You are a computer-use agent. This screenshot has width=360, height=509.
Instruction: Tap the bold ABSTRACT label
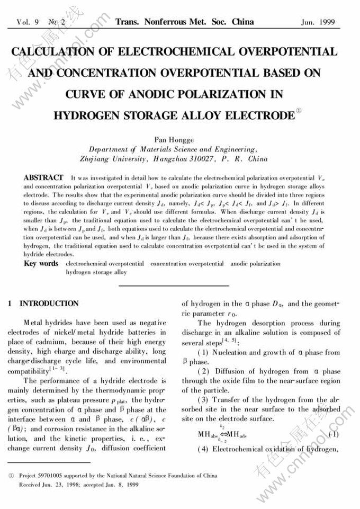(x=43, y=177)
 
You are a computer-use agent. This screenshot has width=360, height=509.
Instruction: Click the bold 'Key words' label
(x=41, y=263)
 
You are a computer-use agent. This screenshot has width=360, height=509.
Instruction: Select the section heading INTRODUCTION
(x=49, y=304)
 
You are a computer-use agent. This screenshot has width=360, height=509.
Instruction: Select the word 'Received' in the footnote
(x=30, y=484)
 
